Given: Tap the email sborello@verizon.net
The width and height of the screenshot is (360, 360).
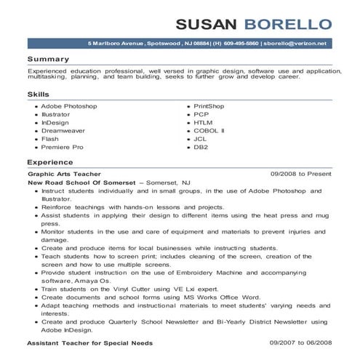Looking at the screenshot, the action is [294, 44].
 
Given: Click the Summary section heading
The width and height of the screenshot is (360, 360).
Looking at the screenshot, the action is [48, 58].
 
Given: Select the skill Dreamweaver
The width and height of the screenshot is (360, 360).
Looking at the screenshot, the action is [63, 130].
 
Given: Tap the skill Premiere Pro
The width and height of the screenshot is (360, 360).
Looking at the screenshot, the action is [63, 146].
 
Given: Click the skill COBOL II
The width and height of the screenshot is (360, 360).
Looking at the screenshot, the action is [209, 130].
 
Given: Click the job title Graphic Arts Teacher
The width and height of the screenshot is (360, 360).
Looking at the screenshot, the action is [63, 175].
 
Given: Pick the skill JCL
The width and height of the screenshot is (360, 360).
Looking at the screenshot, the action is [201, 138].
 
